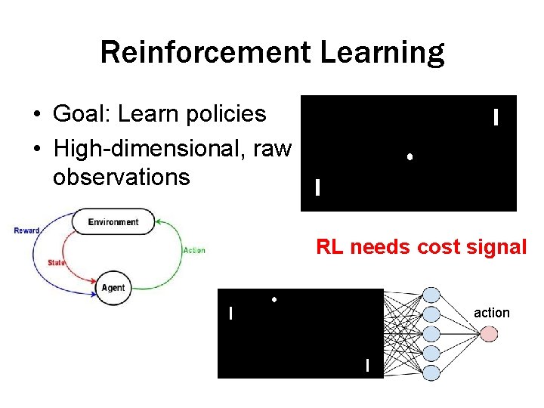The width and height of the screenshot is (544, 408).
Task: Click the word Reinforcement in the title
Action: pos(206,53)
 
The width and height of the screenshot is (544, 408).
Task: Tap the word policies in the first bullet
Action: pos(228,114)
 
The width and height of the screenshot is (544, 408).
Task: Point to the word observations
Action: pos(121,178)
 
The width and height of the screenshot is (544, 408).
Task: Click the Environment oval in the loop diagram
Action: pos(113,222)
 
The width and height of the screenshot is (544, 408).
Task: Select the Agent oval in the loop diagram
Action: pos(113,288)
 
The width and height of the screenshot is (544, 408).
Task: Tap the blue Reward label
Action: pos(26,230)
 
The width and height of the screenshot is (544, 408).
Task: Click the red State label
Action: pos(56,263)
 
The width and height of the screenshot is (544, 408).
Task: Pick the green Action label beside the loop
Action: pos(194,250)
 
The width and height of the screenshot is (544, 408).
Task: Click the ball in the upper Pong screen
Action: pos(409,157)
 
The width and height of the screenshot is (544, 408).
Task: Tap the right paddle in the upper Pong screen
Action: pos(495,117)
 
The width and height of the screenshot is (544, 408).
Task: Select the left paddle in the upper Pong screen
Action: pos(317,187)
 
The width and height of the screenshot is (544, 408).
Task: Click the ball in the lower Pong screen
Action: pos(274,300)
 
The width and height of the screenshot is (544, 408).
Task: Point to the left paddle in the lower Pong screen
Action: pos(230,312)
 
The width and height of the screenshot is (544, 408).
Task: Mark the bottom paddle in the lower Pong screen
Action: pos(367,366)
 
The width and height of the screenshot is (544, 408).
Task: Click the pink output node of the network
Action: pos(489,333)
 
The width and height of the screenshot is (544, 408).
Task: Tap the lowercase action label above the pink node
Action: pos(492,313)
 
